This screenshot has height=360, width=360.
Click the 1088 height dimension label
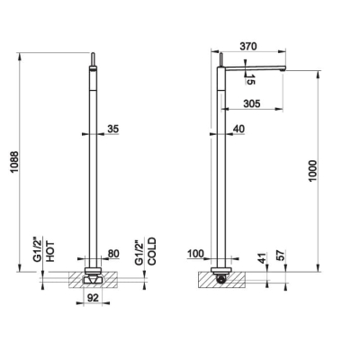click(x=14, y=162)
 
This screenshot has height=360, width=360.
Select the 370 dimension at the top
click(x=248, y=46)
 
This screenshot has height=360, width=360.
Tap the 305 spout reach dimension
click(x=252, y=103)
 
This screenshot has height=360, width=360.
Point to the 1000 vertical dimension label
click(x=312, y=171)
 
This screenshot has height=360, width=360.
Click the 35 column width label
click(x=113, y=129)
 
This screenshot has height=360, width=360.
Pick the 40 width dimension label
click(x=238, y=129)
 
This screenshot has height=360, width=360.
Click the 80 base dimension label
click(x=113, y=254)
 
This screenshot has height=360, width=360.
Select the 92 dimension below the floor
click(x=93, y=298)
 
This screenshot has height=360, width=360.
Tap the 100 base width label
click(x=195, y=254)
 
